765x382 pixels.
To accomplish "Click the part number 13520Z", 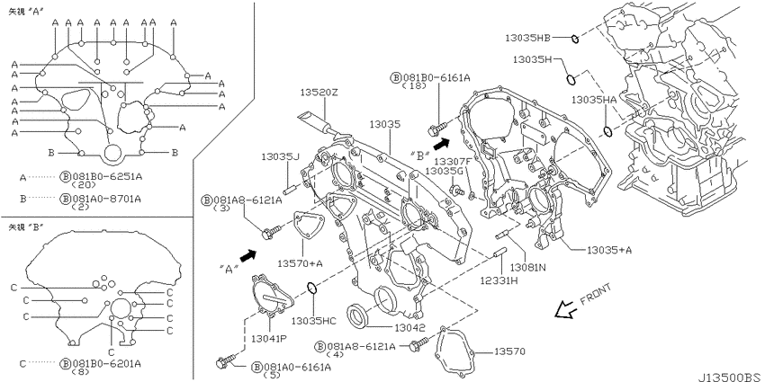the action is click(319, 93).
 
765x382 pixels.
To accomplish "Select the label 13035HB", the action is click(527, 38).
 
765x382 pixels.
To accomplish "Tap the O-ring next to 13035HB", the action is click(575, 39).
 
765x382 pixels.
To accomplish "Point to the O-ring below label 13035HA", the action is click(607, 131).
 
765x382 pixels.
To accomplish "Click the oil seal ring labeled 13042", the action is click(357, 315).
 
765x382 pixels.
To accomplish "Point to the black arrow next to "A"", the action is click(247, 255).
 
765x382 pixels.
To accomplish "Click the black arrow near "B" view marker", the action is click(441, 143).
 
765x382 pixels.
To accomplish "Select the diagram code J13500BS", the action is click(729, 378).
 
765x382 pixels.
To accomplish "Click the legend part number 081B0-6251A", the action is click(107, 177).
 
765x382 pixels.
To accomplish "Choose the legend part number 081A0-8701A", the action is click(107, 199).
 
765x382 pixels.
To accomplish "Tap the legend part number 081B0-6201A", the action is click(107, 363).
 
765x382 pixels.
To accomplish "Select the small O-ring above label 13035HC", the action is click(312, 289).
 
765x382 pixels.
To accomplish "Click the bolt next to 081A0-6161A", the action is click(226, 361).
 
